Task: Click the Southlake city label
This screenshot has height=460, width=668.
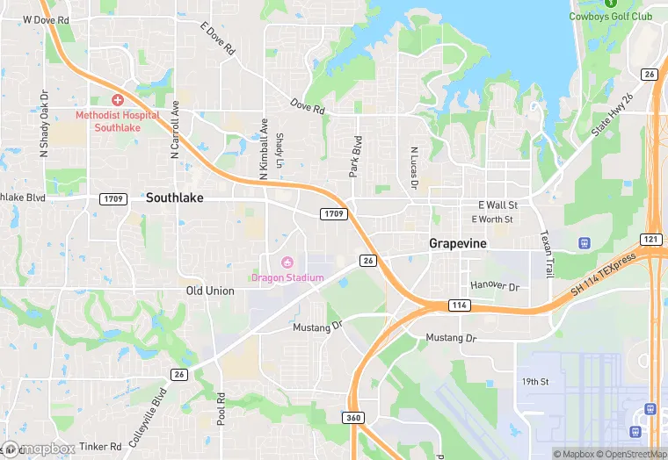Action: point(174,198)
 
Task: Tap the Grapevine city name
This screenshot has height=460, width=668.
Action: point(458,242)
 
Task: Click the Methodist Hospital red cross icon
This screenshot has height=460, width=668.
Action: point(117,101)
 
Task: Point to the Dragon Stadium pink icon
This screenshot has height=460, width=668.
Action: point(287,263)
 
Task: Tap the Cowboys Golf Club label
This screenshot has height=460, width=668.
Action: point(611,16)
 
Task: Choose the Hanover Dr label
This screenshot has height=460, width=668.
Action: point(495,286)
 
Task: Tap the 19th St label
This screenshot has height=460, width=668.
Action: point(534,382)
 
